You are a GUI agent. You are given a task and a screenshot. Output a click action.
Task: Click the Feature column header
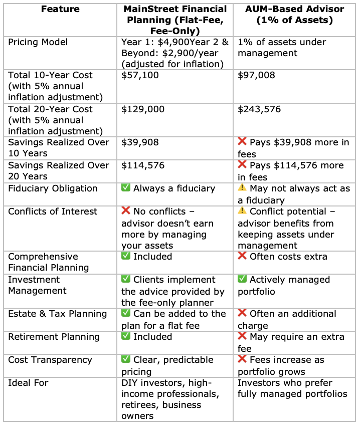tap(60, 10)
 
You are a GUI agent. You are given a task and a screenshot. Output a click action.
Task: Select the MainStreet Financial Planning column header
tap(175, 20)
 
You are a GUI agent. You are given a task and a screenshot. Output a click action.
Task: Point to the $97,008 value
tap(256, 75)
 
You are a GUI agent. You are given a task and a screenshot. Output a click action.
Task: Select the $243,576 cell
tap(259, 109)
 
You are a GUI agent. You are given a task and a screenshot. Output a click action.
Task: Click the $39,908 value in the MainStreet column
tap(139, 142)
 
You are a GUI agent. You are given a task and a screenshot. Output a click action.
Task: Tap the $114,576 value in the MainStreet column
tap(142, 165)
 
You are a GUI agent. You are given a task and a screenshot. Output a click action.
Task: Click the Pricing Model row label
tap(38, 42)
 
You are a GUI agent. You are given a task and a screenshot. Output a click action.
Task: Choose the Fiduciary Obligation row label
tap(53, 188)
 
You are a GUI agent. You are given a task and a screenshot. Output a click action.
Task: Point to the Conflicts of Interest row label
tap(53, 211)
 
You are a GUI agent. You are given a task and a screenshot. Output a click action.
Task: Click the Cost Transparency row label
tap(50, 360)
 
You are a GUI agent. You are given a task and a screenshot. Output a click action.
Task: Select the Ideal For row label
tap(29, 383)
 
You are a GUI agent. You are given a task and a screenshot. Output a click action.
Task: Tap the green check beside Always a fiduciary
tap(126, 188)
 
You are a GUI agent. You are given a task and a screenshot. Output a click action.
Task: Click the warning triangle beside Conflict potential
tap(242, 211)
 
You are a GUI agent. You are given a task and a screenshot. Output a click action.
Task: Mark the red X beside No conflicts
tap(126, 211)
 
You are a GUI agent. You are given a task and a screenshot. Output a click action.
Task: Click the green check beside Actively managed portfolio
tap(242, 280)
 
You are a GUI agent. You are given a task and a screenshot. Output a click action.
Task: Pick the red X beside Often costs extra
tap(242, 257)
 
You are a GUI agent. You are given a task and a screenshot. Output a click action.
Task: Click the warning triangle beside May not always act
tap(242, 188)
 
